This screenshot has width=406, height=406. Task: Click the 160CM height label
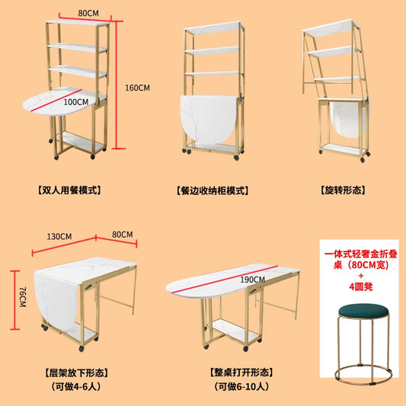138,88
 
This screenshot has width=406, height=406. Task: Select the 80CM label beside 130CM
123,234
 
